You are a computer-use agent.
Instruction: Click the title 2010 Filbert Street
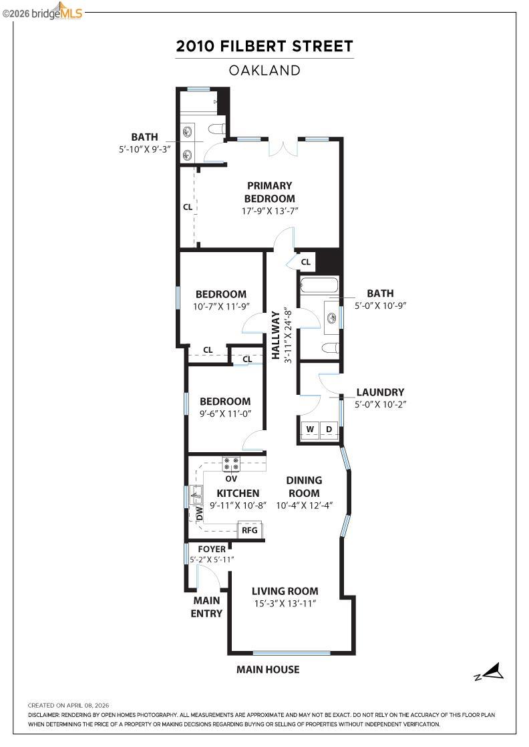click(264, 47)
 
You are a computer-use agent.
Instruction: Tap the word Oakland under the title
click(264, 70)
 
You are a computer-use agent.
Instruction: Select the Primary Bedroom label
click(269, 192)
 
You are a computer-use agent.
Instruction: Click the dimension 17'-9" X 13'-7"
click(269, 211)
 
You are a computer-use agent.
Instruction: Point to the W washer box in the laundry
click(310, 428)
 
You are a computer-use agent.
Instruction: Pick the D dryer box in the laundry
click(329, 428)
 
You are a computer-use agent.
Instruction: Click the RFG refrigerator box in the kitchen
click(250, 530)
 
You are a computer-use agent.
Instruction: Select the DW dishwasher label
click(199, 514)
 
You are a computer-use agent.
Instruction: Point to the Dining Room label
click(304, 486)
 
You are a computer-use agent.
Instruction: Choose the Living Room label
click(285, 591)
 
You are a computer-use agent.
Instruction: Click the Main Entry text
click(206, 607)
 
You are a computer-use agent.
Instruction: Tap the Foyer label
click(211, 549)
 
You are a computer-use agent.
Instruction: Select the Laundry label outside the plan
click(379, 392)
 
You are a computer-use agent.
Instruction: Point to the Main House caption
click(268, 670)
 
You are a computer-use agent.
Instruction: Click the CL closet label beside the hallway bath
click(305, 262)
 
